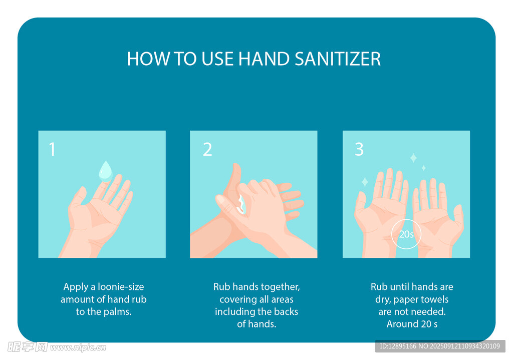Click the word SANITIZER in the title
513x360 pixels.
click(338, 59)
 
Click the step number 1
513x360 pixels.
click(52, 149)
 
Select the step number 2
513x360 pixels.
click(207, 149)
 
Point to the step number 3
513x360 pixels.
click(359, 149)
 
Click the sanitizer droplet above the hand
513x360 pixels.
click(105, 171)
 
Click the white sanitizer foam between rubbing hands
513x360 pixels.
click(241, 204)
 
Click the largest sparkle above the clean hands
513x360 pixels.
click(413, 158)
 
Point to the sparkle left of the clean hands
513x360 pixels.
click(365, 182)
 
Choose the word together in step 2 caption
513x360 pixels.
click(281, 287)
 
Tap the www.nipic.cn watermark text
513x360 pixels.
click(78, 347)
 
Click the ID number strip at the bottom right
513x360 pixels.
click(440, 346)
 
